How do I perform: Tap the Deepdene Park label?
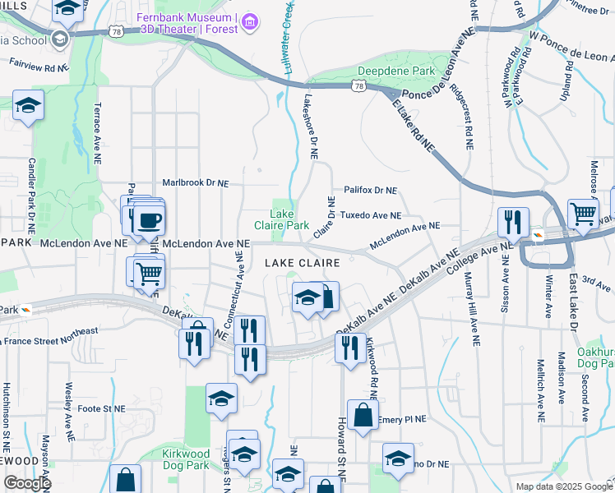[x=400, y=71]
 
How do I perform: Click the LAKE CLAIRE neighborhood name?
[x=302, y=262]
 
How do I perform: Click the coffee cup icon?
[x=149, y=219]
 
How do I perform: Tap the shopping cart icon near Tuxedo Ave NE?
[x=582, y=212]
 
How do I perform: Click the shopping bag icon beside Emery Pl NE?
[x=362, y=415]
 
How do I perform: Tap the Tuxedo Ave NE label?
[x=370, y=215]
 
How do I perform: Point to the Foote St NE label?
[x=101, y=408]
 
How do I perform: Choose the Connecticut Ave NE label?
[x=238, y=284]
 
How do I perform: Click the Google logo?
[x=26, y=483]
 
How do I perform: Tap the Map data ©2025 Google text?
[x=563, y=486]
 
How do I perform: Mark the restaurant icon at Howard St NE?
[x=349, y=347]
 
